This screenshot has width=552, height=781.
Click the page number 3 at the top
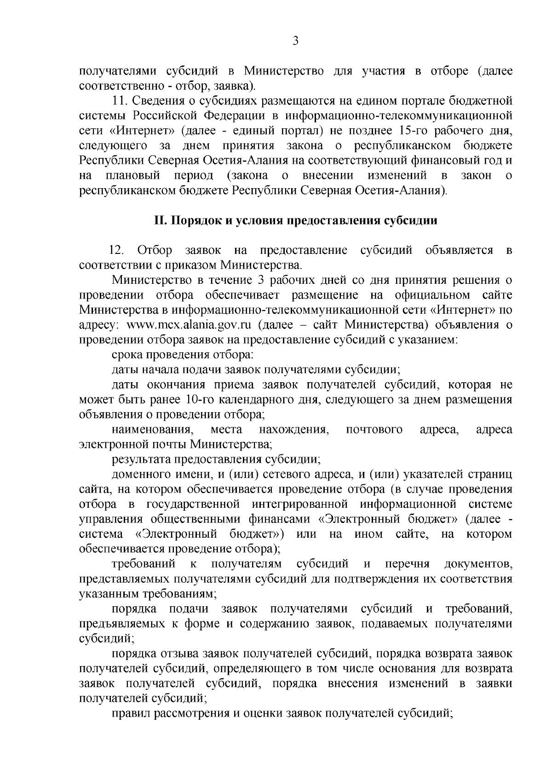tap(296, 41)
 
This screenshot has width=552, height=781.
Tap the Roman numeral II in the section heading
tap(159, 220)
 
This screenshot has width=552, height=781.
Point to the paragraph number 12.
tap(116, 251)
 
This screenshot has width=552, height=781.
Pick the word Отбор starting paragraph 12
tap(155, 251)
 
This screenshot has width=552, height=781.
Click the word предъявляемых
tap(121, 624)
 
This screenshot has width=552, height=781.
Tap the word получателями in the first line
tap(118, 71)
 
